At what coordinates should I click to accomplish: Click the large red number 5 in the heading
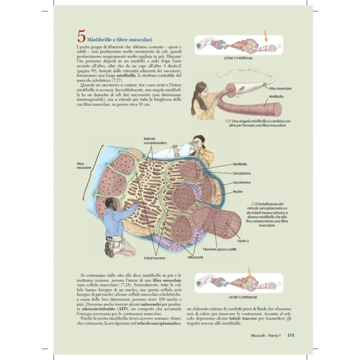tap(81, 36)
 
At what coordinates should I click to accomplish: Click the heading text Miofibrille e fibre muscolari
tap(120, 40)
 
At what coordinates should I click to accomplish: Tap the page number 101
tap(290, 335)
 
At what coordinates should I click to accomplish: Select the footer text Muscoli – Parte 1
tap(265, 336)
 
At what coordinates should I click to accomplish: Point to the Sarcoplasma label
tap(242, 173)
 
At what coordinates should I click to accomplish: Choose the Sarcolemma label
tap(242, 182)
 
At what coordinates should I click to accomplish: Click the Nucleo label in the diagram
tap(238, 191)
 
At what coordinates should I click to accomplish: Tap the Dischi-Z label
tap(243, 241)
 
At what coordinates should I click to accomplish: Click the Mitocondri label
tap(195, 257)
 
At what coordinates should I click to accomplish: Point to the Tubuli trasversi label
tap(154, 258)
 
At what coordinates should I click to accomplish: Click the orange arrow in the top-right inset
tap(266, 36)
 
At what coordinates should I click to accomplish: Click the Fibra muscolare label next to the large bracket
tap(84, 166)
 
